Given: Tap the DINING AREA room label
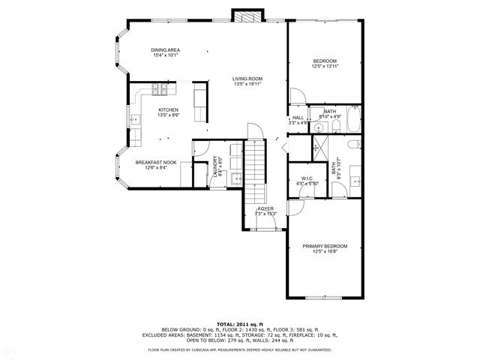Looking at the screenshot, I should click(x=166, y=49).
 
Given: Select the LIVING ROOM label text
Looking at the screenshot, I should click(x=247, y=79).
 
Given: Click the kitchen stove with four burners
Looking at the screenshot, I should click(x=160, y=91).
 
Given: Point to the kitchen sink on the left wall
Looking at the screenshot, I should click(x=136, y=118).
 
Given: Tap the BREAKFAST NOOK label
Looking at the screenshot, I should click(x=156, y=162).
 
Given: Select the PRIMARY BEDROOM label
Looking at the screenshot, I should click(x=325, y=246).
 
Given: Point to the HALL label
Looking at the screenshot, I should click(x=298, y=118).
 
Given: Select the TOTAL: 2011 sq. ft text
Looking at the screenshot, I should click(x=240, y=323).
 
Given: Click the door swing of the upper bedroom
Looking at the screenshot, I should click(x=296, y=95).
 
